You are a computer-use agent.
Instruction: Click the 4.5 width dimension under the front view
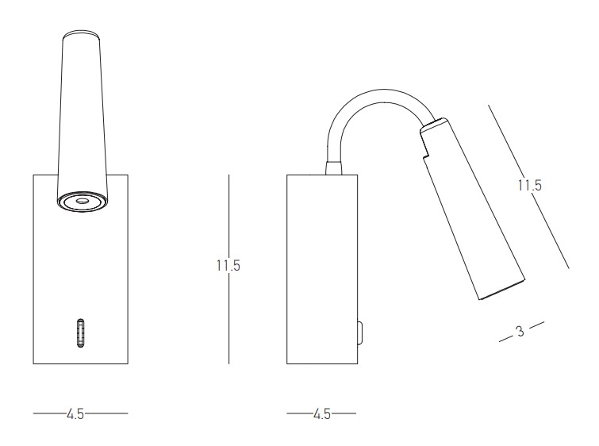(x=75, y=414)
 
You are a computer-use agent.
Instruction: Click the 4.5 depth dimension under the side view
(x=321, y=414)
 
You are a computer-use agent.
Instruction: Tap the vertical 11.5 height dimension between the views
(x=228, y=265)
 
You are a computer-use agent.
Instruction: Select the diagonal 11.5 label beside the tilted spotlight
(x=530, y=186)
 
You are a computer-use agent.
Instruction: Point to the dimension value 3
(x=520, y=332)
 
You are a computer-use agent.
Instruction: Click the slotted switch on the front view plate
(x=80, y=333)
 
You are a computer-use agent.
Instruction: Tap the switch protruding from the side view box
(x=360, y=333)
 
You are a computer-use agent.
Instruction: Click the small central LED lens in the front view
(x=82, y=201)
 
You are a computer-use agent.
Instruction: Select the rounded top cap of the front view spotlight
(x=82, y=33)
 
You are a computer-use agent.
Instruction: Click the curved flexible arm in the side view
(x=378, y=96)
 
